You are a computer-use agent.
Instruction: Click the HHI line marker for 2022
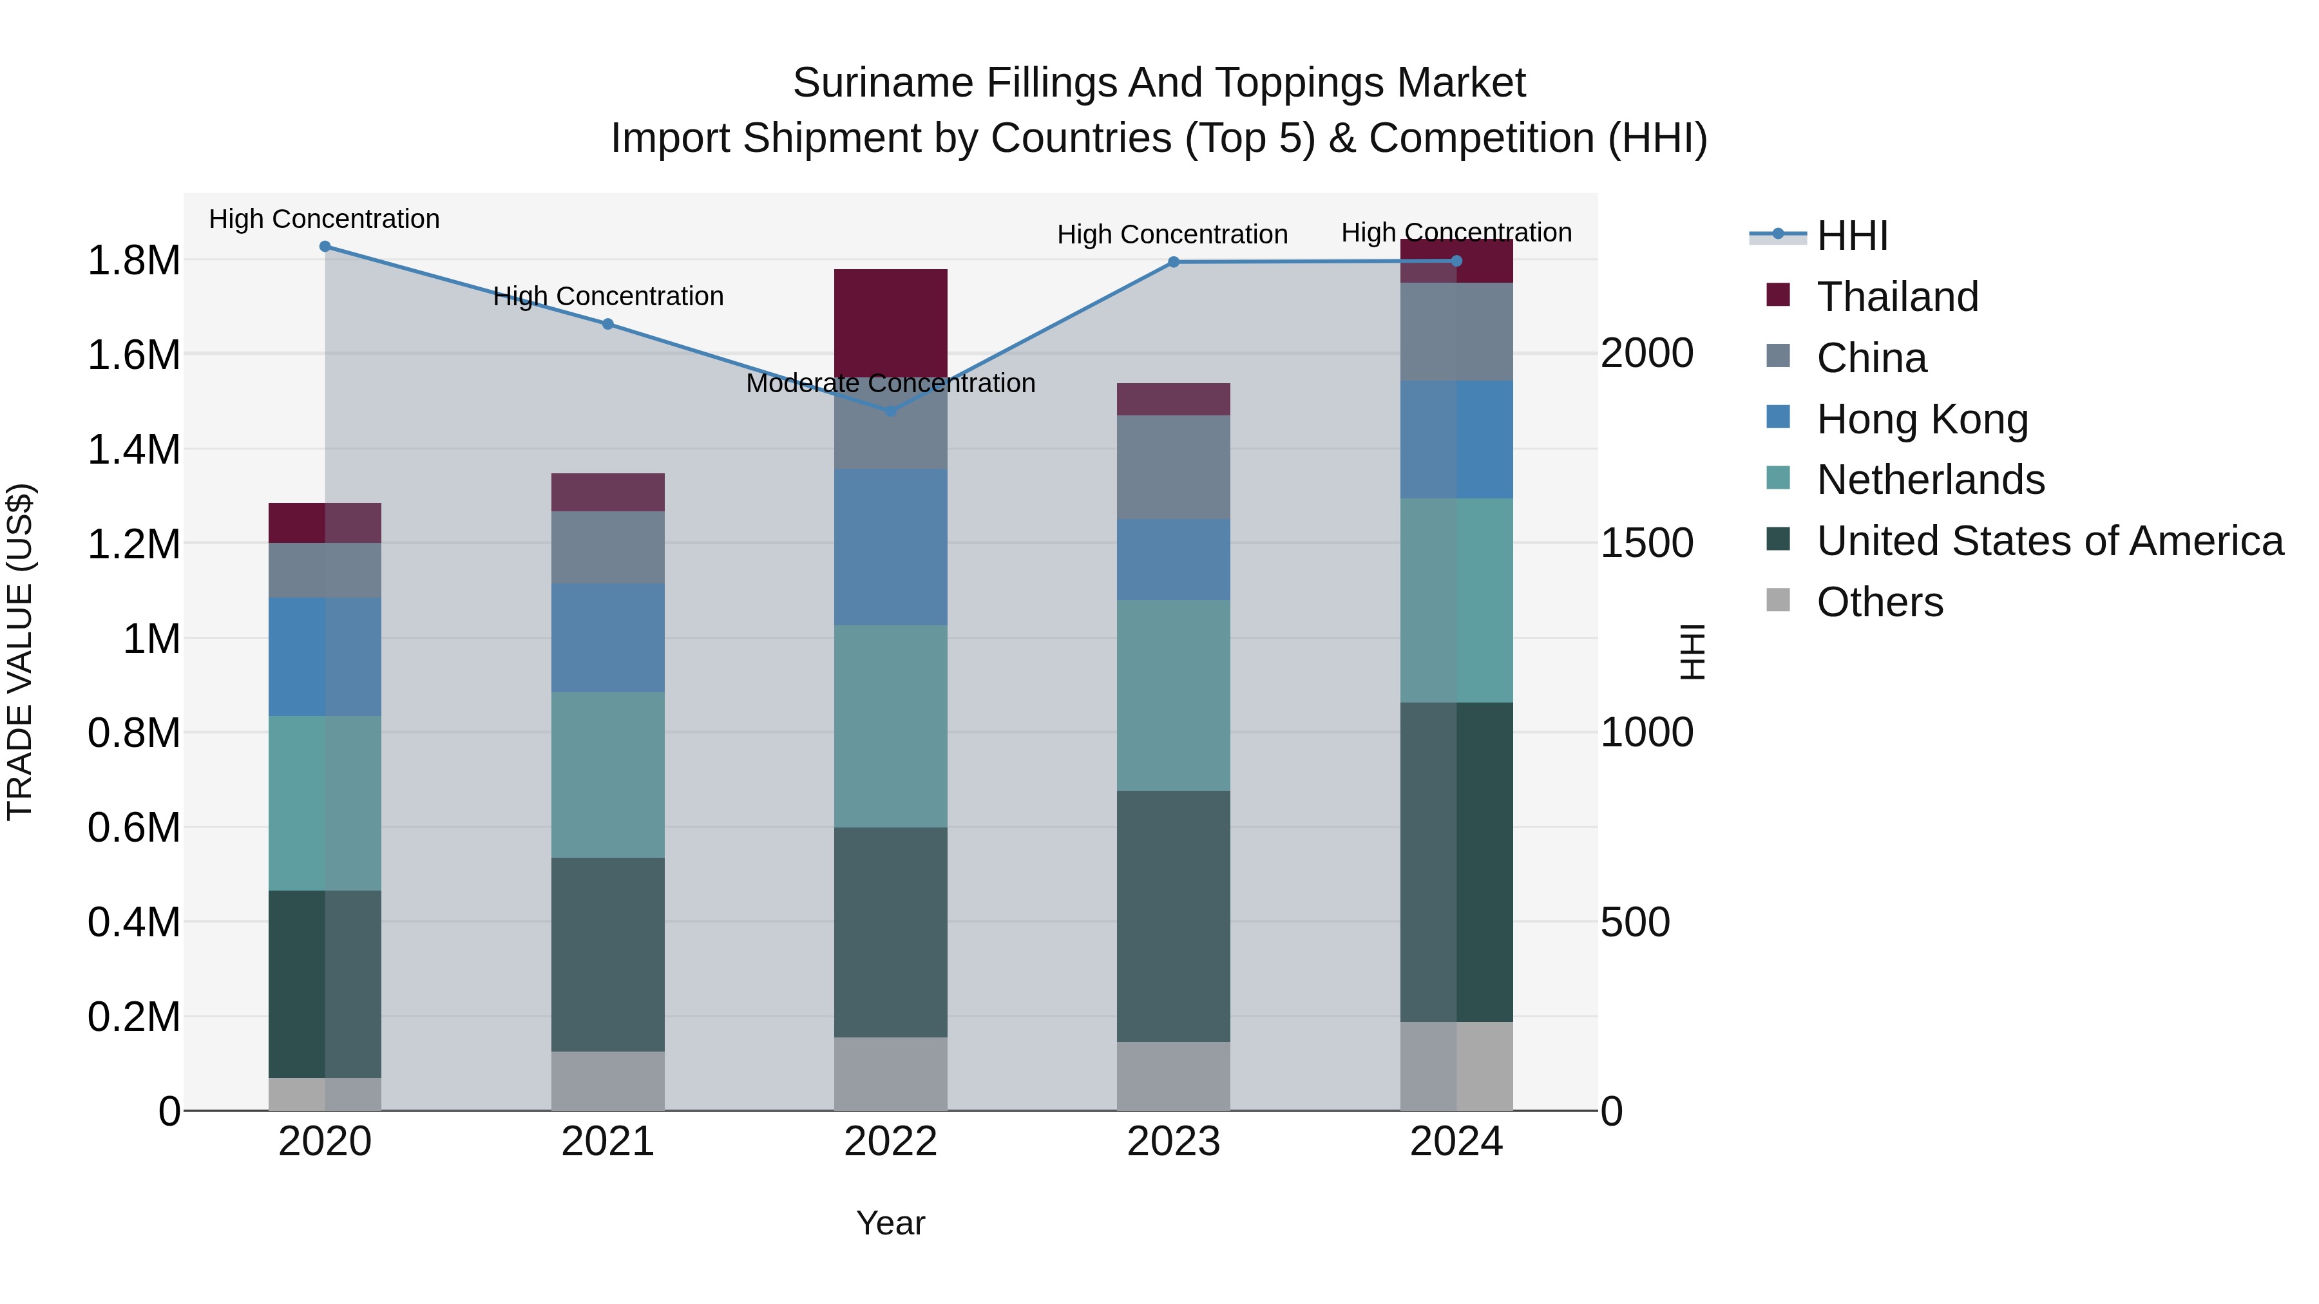[x=890, y=411]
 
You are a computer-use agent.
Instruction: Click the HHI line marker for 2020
[x=325, y=247]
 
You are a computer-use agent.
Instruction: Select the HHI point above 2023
[x=1173, y=262]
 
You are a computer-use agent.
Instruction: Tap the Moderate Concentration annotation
[x=890, y=383]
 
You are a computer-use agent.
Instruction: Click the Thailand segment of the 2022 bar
[x=890, y=322]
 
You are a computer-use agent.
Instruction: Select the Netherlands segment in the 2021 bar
[x=607, y=775]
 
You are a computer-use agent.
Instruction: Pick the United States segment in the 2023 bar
[x=1173, y=916]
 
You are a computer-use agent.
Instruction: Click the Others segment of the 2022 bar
[x=890, y=1073]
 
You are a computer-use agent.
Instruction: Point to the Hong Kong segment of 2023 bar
[x=1173, y=560]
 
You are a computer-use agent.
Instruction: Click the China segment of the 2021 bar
[x=607, y=547]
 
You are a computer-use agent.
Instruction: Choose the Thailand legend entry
[x=1897, y=297]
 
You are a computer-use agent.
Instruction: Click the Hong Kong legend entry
[x=1922, y=419]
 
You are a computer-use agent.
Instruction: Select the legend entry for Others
[x=1879, y=602]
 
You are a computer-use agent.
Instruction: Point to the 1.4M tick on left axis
[x=133, y=449]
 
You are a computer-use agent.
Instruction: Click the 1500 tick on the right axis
[x=1646, y=543]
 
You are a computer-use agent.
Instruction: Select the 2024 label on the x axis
[x=1456, y=1142]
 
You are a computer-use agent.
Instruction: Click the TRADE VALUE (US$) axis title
[x=20, y=652]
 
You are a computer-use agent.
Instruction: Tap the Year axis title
[x=890, y=1223]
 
